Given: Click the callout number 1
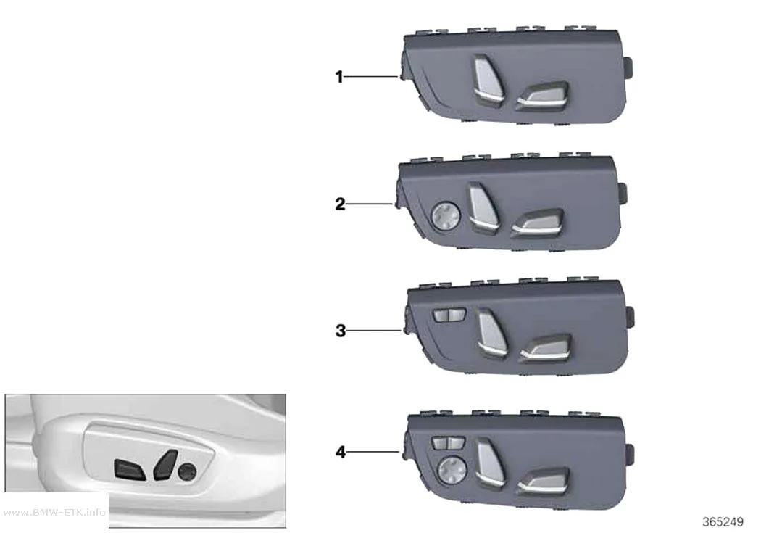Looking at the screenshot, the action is (x=339, y=77).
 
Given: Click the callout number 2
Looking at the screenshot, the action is (x=340, y=204).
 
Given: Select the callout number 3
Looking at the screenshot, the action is (x=341, y=331).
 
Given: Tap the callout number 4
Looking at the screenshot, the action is (x=341, y=452).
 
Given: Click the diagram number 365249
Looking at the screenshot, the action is (x=723, y=522).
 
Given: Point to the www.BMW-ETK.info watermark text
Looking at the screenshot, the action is (x=54, y=512).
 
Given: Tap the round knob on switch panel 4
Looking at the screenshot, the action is (x=452, y=471).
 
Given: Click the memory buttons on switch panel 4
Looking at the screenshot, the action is (x=448, y=442).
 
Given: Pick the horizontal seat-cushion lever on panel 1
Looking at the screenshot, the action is (x=543, y=95).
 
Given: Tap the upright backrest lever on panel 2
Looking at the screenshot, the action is (x=482, y=207).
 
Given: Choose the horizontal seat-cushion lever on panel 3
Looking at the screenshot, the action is (x=546, y=347).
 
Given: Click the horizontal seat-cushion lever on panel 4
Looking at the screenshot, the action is (x=543, y=480).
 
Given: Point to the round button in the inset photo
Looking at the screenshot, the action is (x=187, y=471).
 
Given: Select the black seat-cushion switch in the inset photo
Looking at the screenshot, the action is (x=130, y=470).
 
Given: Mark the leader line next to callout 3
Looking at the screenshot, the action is (x=374, y=331).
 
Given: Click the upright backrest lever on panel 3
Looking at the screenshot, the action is (x=491, y=334).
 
